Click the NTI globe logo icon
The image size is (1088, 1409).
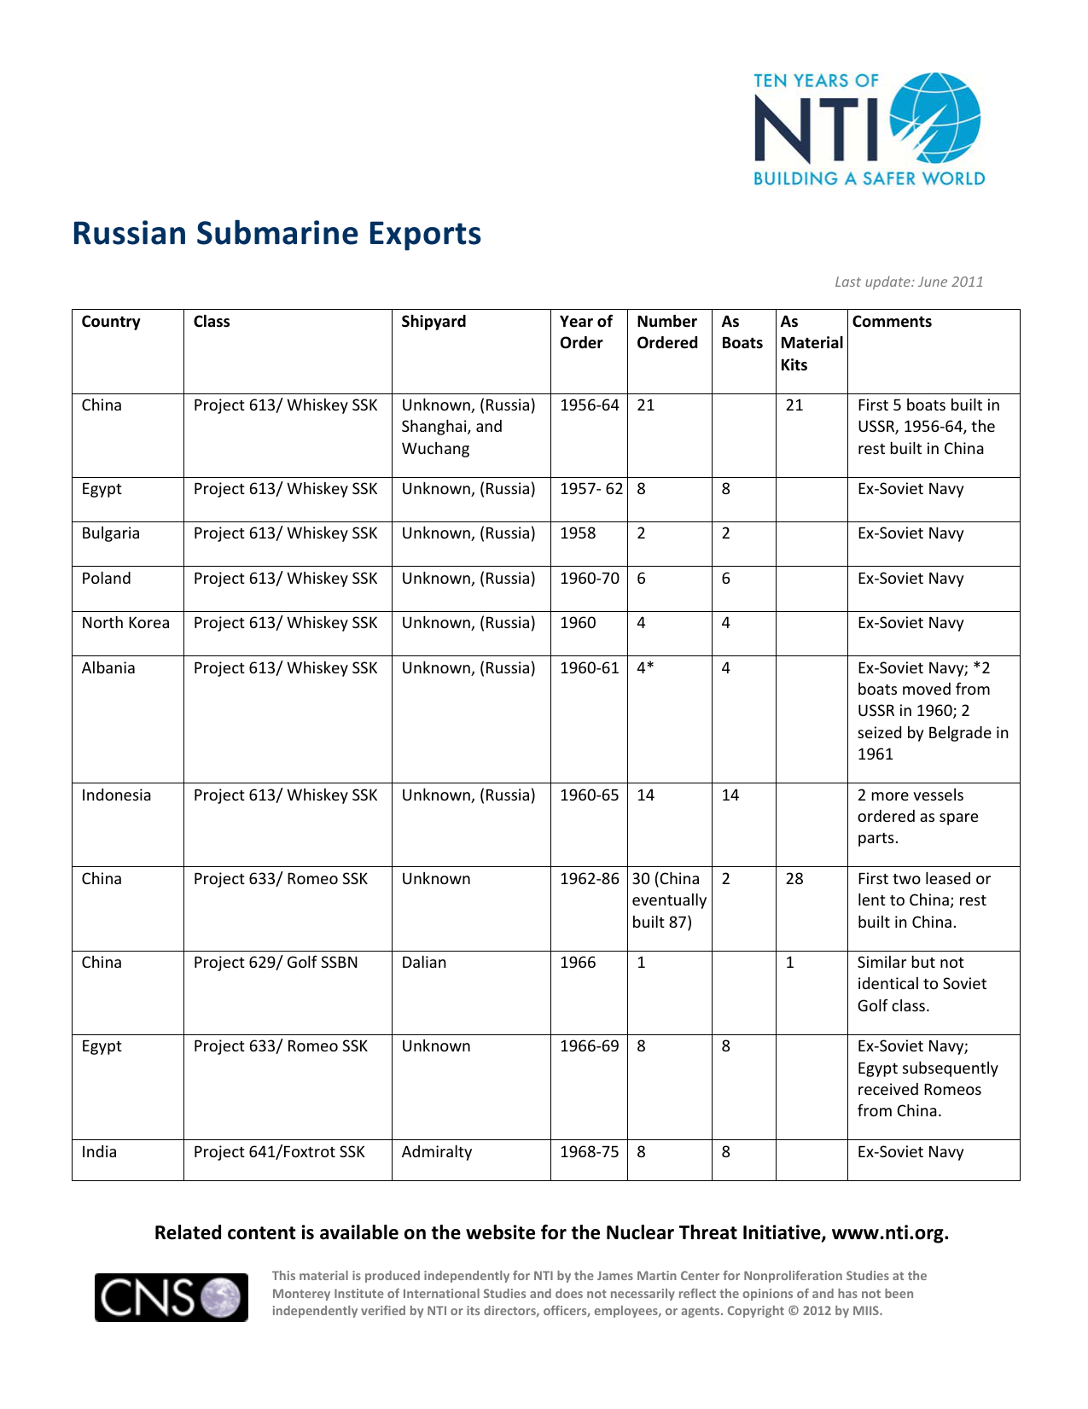[935, 117]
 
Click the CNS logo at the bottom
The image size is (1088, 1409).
[172, 1297]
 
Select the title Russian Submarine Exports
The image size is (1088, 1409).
[276, 234]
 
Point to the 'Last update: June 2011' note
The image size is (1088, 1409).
[909, 282]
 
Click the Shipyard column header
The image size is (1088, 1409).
[433, 322]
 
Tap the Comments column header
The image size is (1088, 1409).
[892, 322]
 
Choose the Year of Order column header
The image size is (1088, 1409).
[585, 332]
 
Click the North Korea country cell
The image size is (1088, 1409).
[125, 623]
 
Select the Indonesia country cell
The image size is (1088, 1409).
[116, 795]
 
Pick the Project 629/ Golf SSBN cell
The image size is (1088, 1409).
[276, 963]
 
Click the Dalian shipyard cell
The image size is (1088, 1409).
[424, 963]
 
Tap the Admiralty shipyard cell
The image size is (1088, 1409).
[436, 1152]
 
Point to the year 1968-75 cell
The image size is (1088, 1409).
[589, 1152]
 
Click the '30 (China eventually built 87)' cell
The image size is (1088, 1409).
[669, 900]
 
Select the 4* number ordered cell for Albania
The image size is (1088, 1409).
[645, 668]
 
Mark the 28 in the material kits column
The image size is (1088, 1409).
[794, 879]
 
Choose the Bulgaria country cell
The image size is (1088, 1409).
[110, 533]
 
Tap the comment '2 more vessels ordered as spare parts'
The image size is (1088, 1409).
[918, 817]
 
